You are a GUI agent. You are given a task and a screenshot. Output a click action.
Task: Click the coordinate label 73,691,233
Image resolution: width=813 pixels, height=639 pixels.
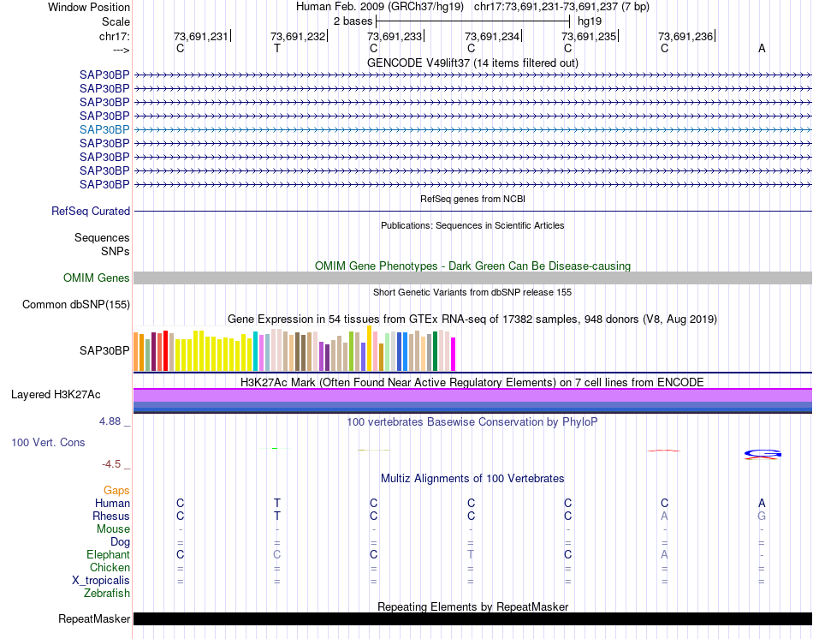click(395, 36)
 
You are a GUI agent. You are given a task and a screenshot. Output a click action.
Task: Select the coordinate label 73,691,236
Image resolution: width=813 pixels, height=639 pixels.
click(685, 36)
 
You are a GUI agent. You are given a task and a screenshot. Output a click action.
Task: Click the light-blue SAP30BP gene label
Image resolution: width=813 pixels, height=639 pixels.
click(104, 129)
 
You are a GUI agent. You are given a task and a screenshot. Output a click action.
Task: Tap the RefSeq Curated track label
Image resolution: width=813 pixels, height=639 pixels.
click(91, 212)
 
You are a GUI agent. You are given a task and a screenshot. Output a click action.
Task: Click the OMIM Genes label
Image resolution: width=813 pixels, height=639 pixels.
click(97, 278)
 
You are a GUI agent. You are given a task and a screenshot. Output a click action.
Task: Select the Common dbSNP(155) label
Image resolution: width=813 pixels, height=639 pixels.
click(76, 304)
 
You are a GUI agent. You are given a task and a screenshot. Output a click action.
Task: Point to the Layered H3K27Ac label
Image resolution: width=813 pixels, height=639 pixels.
click(56, 395)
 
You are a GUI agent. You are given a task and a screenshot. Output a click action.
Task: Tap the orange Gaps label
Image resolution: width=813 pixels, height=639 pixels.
click(116, 490)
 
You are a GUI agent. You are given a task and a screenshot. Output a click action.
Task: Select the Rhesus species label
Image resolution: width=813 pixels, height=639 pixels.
click(111, 517)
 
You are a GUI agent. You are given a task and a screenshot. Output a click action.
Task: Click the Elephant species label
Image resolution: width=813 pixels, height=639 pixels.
click(108, 555)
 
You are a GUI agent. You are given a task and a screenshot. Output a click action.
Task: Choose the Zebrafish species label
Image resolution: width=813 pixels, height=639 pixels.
click(107, 593)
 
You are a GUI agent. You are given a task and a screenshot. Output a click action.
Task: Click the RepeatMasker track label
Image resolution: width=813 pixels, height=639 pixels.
click(94, 618)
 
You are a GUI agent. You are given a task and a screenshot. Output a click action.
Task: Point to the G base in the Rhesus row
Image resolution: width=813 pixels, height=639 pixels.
click(762, 517)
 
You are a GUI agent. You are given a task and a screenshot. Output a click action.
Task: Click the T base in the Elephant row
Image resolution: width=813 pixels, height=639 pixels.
click(471, 555)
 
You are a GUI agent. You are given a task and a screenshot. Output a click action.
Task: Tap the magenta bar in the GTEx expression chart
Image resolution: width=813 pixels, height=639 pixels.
click(454, 355)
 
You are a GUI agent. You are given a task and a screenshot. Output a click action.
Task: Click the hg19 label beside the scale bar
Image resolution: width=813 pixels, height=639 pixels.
click(589, 21)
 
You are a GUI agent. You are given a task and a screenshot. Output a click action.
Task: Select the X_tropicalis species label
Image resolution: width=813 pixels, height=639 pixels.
click(101, 581)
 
